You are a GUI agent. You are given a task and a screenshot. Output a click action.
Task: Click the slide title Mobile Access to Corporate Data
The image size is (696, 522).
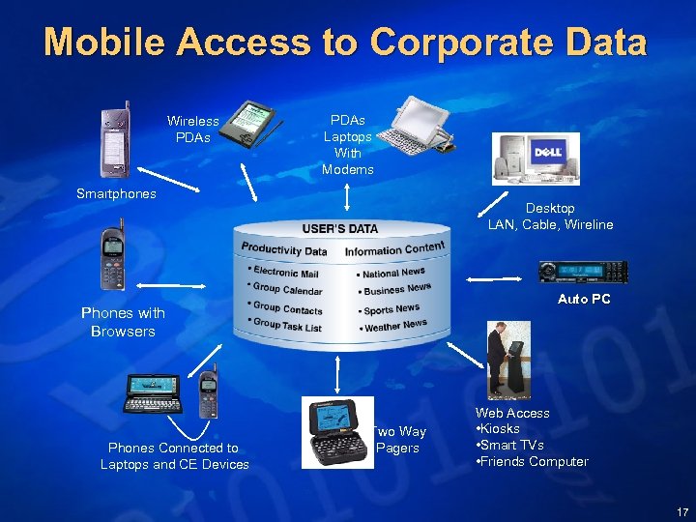pyautogui.click(x=345, y=43)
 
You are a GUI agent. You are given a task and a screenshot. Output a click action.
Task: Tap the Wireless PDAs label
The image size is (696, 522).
pyautogui.click(x=192, y=129)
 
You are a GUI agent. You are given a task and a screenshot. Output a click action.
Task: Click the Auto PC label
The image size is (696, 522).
pyautogui.click(x=583, y=299)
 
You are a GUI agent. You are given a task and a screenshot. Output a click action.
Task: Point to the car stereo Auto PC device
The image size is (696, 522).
pyautogui.click(x=583, y=272)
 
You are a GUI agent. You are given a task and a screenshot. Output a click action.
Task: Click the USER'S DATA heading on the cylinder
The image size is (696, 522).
pyautogui.click(x=339, y=229)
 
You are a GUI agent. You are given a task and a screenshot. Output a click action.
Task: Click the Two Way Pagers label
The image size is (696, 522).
pyautogui.click(x=399, y=440)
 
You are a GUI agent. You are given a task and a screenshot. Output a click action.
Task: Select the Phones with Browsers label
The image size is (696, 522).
pyautogui.click(x=123, y=322)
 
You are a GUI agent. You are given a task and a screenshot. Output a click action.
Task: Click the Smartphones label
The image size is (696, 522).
pyautogui.click(x=116, y=193)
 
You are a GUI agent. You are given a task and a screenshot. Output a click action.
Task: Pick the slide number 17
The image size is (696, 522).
pyautogui.click(x=681, y=511)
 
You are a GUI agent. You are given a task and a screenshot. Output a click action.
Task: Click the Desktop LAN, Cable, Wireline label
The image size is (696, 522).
pyautogui.click(x=550, y=217)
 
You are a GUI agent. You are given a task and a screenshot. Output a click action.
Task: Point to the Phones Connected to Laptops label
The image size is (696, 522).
pyautogui.click(x=174, y=455)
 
